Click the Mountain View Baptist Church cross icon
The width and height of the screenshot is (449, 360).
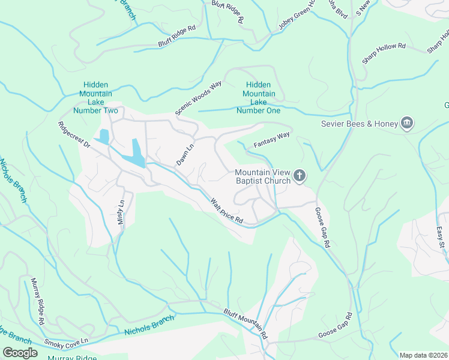click(x=300, y=176)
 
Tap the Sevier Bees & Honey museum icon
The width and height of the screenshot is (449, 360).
click(x=408, y=124)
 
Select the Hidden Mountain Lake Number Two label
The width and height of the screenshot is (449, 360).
click(x=97, y=98)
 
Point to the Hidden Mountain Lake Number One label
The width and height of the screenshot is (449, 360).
click(x=259, y=98)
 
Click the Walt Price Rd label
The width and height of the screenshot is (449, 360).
click(x=226, y=212)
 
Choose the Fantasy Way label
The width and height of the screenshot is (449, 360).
click(x=271, y=140)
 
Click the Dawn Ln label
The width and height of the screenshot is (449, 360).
click(x=185, y=154)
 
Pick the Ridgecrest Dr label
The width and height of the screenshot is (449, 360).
click(x=74, y=136)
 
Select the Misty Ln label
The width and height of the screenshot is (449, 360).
click(x=121, y=212)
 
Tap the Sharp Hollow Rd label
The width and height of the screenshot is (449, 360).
click(x=384, y=53)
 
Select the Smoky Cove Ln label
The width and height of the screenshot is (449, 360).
click(x=66, y=342)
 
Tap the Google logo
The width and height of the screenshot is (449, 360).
click(x=20, y=353)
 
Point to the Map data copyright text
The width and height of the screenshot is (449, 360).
click(x=423, y=355)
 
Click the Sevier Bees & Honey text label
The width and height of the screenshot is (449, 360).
click(x=360, y=124)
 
